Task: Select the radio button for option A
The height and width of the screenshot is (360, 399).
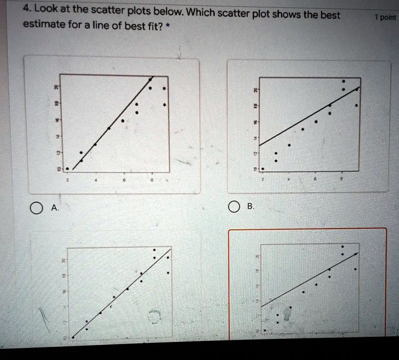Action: coord(35,209)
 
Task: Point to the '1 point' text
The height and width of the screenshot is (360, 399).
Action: coord(385,18)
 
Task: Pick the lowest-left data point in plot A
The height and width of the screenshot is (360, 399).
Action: coord(67,168)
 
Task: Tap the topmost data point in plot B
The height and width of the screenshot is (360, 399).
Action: coord(343,82)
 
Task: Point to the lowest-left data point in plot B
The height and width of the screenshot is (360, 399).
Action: coord(263,169)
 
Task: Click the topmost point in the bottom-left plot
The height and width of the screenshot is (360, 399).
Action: coord(154,250)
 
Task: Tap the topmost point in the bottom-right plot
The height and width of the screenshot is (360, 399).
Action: coord(343,247)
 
